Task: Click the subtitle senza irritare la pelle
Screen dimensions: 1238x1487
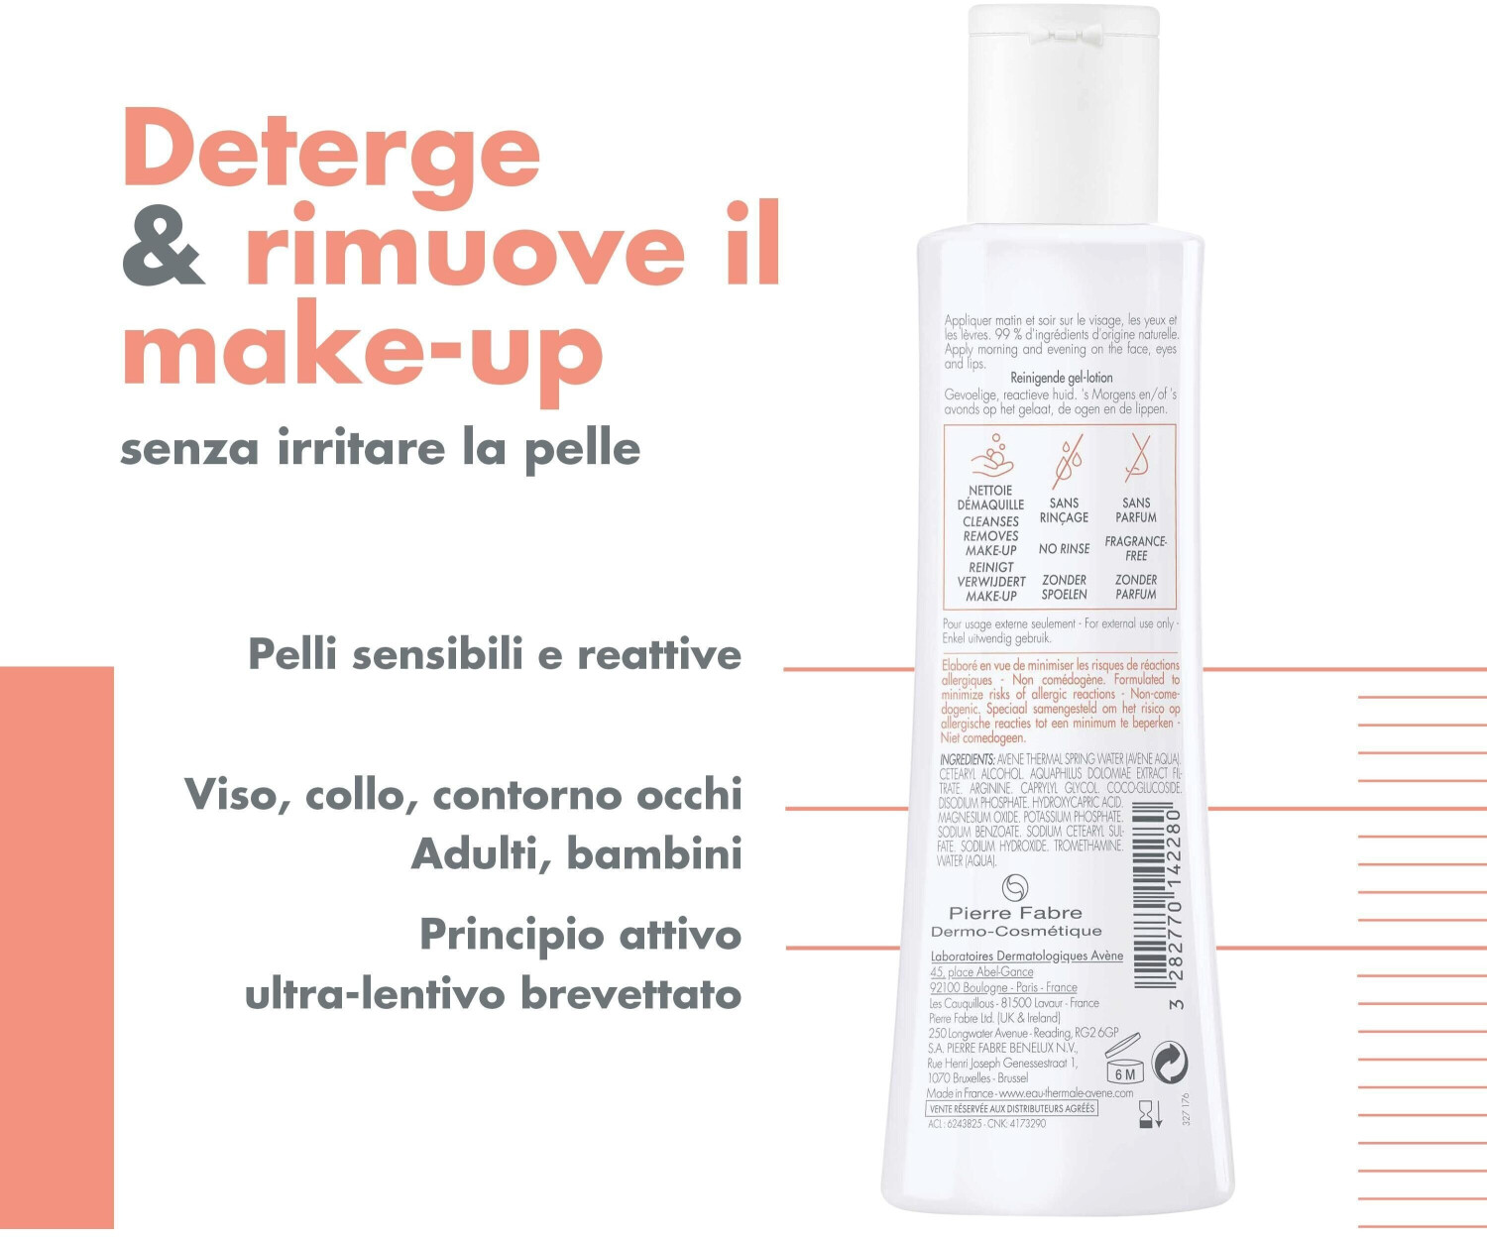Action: pyautogui.click(x=380, y=449)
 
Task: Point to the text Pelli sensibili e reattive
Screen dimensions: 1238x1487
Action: pyautogui.click(x=494, y=655)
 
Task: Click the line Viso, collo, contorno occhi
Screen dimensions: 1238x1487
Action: pyautogui.click(x=463, y=795)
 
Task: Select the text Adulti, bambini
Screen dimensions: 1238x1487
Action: pyautogui.click(x=576, y=854)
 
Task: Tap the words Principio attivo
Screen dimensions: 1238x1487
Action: pyautogui.click(x=580, y=935)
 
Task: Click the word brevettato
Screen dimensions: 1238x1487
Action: pyautogui.click(x=630, y=994)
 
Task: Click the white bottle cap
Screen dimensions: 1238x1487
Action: pyautogui.click(x=1063, y=114)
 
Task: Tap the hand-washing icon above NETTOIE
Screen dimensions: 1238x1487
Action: pyautogui.click(x=991, y=457)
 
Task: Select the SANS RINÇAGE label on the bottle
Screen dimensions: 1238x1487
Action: pyautogui.click(x=1064, y=510)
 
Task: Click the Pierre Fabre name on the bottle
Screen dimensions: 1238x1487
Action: pyautogui.click(x=1015, y=913)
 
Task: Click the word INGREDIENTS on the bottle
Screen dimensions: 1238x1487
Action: pyautogui.click(x=967, y=759)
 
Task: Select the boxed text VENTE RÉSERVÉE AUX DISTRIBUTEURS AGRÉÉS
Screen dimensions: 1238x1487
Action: pyautogui.click(x=1012, y=1108)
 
